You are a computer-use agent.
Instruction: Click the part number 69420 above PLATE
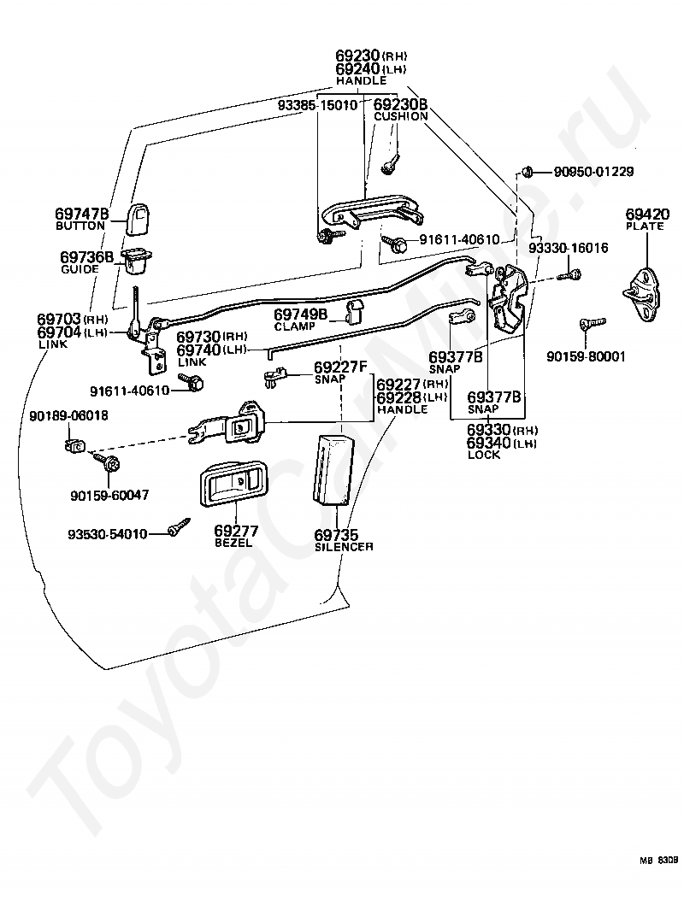tap(646, 214)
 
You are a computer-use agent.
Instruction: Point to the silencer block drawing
tap(333, 469)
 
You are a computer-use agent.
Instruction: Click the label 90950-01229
tap(593, 172)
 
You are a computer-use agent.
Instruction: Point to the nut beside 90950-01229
tap(527, 172)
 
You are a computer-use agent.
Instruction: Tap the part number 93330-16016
tap(568, 248)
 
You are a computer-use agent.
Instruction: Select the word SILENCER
tap(344, 547)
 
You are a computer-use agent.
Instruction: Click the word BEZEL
tap(233, 543)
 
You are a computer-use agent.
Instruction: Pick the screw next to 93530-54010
tap(180, 526)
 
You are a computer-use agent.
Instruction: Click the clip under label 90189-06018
tap(74, 445)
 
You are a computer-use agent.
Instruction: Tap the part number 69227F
tap(340, 367)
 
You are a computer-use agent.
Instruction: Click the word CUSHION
tap(400, 116)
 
